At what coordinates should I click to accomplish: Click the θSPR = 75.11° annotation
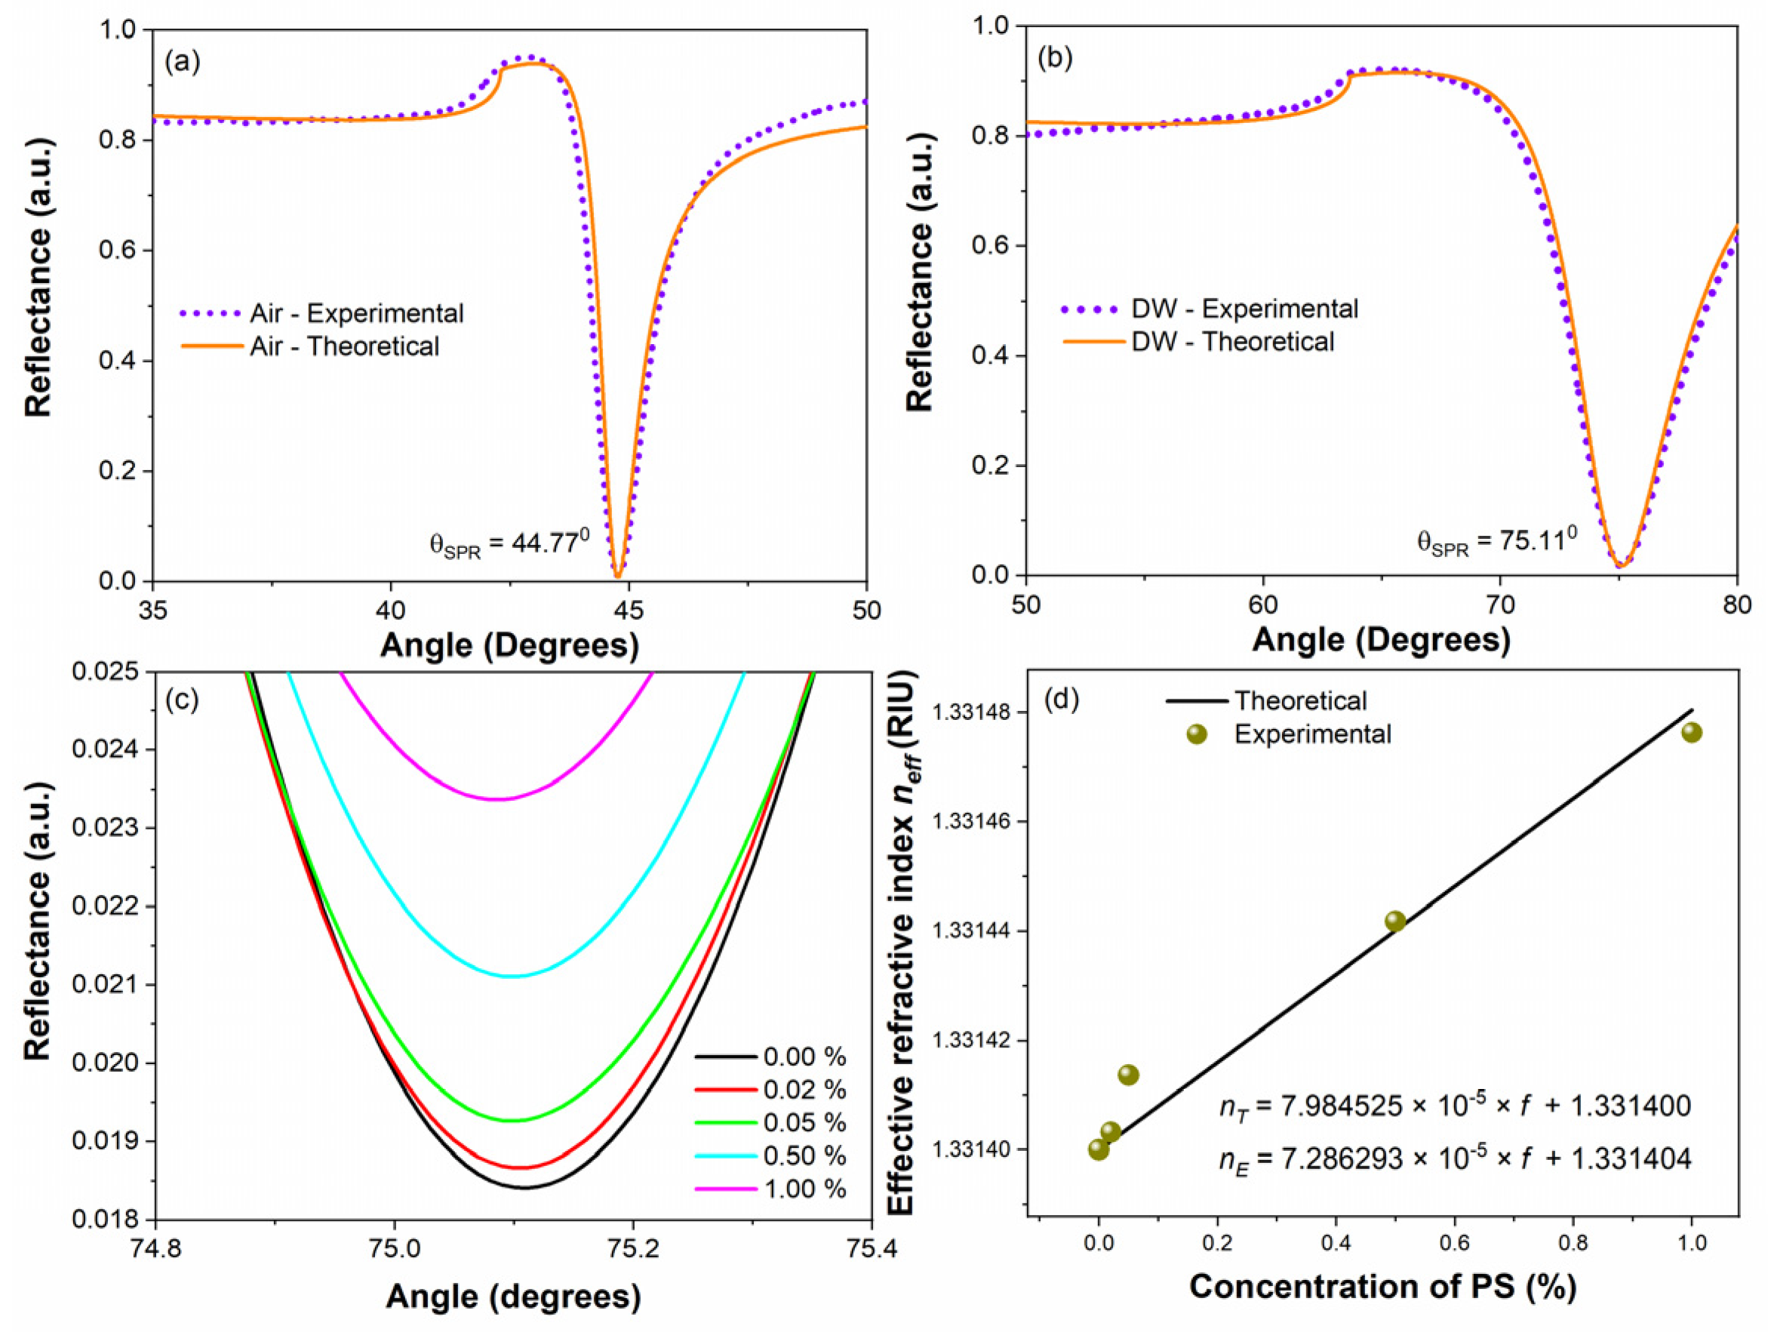1496,542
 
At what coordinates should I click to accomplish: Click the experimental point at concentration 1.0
1691,732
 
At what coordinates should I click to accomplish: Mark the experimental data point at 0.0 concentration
1098,1149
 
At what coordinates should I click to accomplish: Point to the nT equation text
1454,1106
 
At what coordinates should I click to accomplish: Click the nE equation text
1454,1158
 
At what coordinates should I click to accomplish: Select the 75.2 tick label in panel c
632,1250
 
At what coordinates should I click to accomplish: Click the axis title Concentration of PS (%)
1382,1287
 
